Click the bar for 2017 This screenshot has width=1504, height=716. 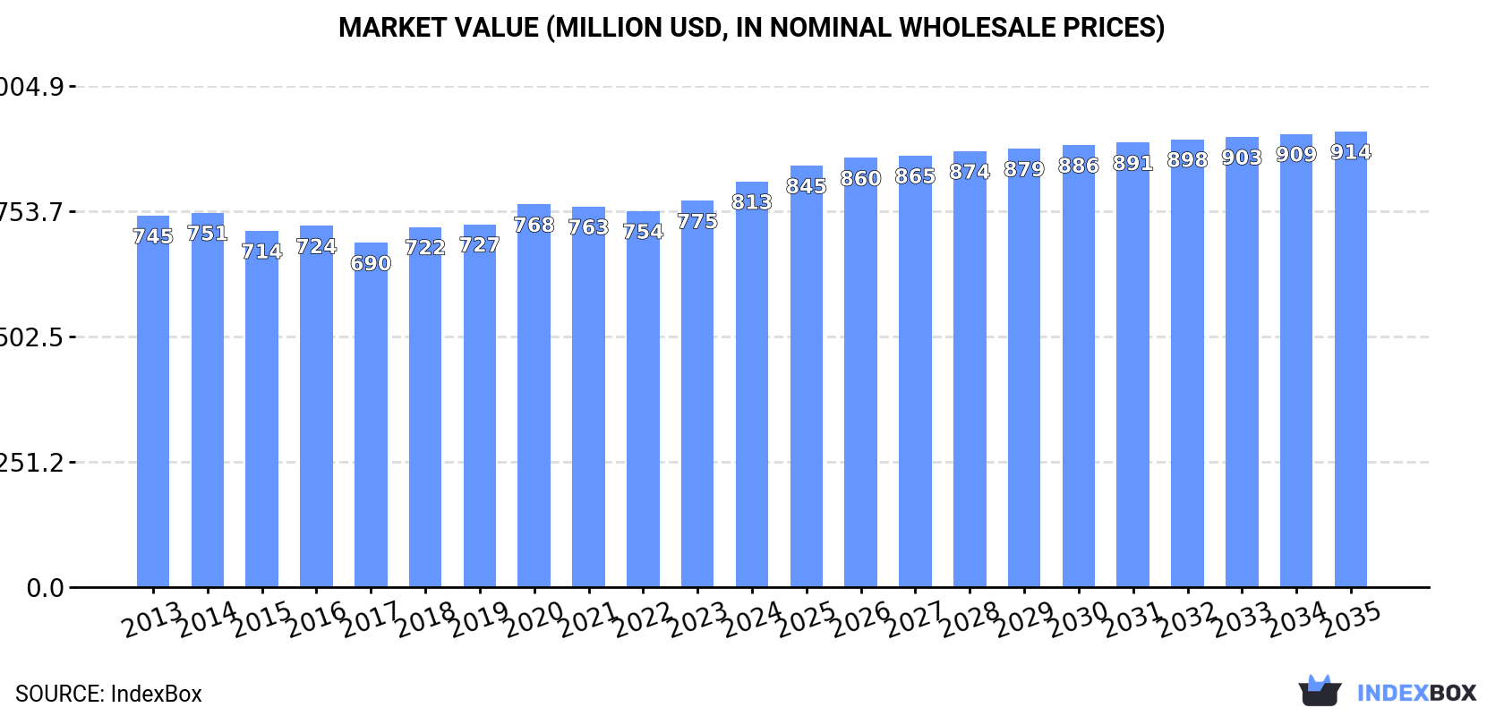(x=371, y=416)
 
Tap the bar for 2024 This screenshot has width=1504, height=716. (x=752, y=385)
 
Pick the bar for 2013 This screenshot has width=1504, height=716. (x=153, y=402)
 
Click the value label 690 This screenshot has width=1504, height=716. (x=371, y=263)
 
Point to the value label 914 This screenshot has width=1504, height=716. (x=1350, y=152)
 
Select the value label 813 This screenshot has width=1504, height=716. (x=752, y=202)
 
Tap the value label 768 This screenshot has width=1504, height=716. (x=534, y=225)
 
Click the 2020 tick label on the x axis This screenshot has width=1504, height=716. (x=534, y=619)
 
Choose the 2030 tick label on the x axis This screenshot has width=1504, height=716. (x=1079, y=619)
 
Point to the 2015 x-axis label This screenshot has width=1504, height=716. (x=262, y=619)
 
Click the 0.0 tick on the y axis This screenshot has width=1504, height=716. (x=45, y=588)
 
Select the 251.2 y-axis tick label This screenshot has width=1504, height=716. (x=32, y=463)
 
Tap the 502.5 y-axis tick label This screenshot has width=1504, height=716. (x=32, y=337)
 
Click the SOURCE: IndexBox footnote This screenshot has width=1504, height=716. (x=108, y=694)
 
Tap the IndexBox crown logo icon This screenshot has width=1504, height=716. (x=1320, y=691)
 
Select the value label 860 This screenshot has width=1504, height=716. (x=860, y=178)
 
